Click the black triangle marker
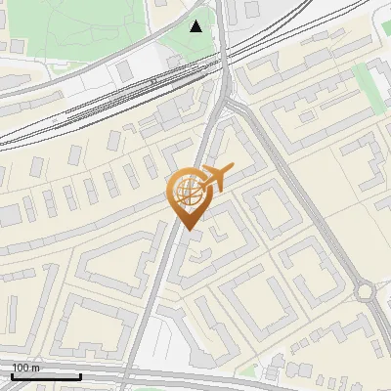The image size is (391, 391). coord(196,26)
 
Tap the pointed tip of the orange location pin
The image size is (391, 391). coord(187,229)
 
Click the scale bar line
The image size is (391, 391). coord(46,375)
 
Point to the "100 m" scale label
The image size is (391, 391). coord(26,368)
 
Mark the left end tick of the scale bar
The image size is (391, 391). coord(12,374)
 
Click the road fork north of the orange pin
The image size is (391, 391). coord(227,98)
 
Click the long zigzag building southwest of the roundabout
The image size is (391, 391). coord(323,318)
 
